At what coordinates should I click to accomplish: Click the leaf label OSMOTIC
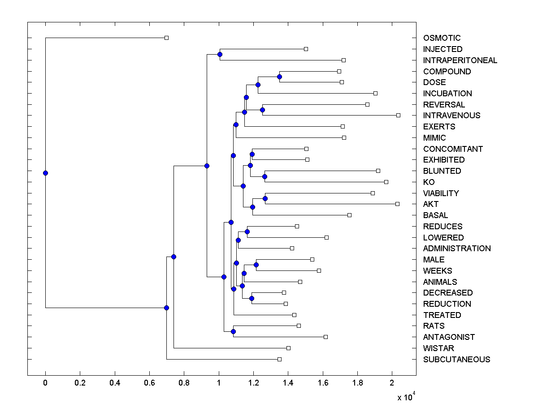click(442, 38)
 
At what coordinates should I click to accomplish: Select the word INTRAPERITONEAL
click(460, 60)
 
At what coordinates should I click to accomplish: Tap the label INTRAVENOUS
click(451, 116)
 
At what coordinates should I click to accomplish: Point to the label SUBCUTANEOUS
click(456, 360)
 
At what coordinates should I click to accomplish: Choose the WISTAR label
click(438, 348)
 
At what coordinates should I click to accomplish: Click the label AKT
click(431, 204)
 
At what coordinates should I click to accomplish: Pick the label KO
click(429, 182)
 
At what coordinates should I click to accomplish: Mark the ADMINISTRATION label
click(457, 249)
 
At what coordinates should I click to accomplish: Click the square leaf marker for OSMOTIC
click(166, 38)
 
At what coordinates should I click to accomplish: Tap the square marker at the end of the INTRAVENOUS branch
click(398, 115)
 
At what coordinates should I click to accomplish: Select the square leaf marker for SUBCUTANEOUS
click(279, 359)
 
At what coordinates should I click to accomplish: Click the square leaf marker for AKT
click(397, 204)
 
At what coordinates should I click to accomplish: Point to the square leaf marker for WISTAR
click(288, 348)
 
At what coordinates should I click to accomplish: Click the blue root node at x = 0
click(45, 173)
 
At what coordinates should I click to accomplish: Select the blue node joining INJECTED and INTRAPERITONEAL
click(220, 55)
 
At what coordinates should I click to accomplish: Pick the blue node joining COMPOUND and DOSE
click(279, 77)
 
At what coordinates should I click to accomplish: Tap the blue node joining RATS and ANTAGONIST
click(233, 331)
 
